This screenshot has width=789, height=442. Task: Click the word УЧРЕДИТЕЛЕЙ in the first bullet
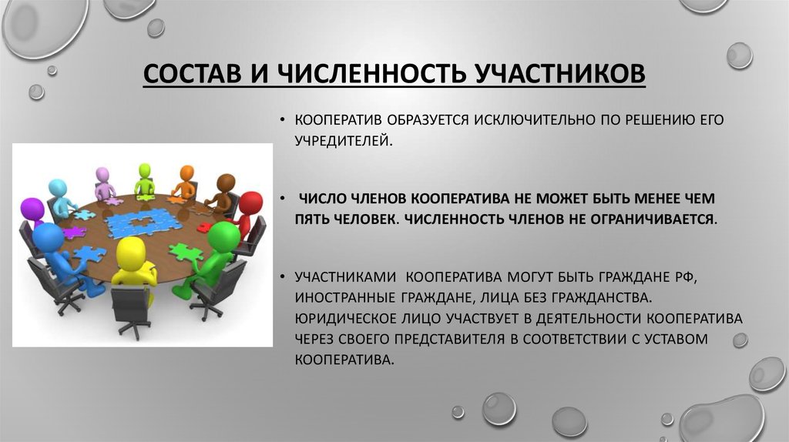[x=343, y=141]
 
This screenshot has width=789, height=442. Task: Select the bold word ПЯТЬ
[x=313, y=219]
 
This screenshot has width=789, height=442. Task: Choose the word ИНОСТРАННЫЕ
[x=345, y=298]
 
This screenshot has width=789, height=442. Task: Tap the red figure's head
[x=250, y=205]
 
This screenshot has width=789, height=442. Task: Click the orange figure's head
[x=186, y=172]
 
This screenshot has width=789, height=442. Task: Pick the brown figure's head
[x=226, y=182]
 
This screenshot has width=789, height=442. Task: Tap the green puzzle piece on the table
[x=186, y=251]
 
